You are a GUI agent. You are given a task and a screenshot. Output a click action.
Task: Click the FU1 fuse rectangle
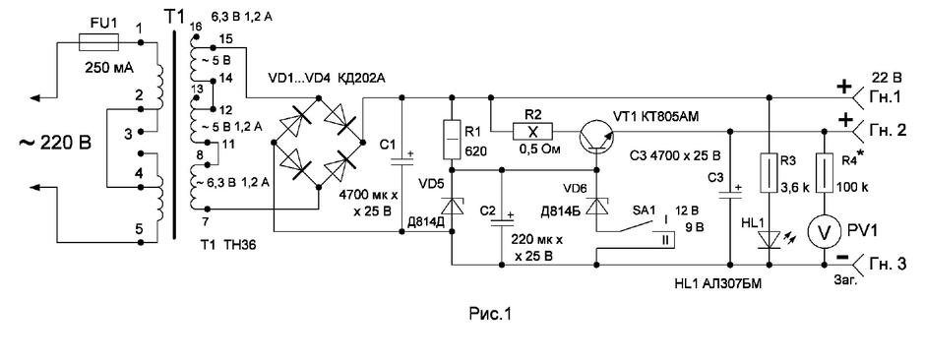(x=98, y=42)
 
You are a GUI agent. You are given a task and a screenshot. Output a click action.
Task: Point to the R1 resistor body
(x=452, y=140)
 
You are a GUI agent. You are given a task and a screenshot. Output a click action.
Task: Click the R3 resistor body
(x=768, y=173)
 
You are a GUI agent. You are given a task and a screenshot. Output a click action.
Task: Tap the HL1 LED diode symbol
(x=768, y=237)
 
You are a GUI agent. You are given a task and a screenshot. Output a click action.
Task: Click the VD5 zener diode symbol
(x=452, y=208)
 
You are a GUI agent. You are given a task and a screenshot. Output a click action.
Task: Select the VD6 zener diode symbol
(x=596, y=207)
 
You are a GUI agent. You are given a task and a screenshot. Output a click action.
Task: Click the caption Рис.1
(x=490, y=314)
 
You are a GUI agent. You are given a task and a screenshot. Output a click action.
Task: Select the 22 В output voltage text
(x=887, y=79)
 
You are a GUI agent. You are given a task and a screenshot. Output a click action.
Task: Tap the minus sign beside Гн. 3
(x=842, y=259)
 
